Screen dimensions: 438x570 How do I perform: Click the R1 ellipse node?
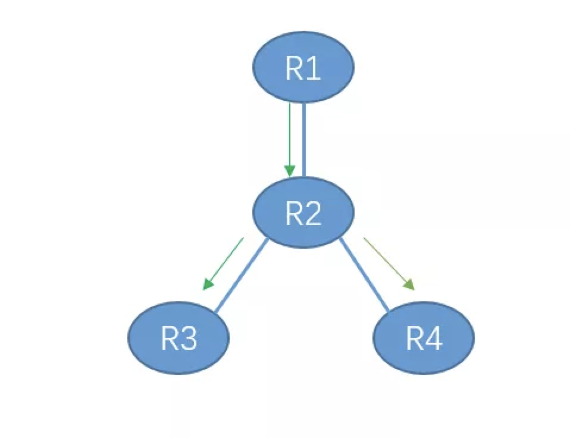[303, 67]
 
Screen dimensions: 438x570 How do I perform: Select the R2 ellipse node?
[303, 212]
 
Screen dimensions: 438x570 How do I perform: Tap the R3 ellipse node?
[178, 337]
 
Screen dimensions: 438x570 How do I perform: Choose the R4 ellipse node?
[424, 337]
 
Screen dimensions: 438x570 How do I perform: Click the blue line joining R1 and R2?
[304, 140]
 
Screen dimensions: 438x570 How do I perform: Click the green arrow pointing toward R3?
[224, 264]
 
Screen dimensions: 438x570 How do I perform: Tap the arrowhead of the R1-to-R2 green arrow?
[290, 171]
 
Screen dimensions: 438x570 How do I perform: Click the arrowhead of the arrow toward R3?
[207, 285]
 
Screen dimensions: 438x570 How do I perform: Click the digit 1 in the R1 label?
[314, 69]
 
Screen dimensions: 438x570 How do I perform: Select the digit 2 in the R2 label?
[314, 214]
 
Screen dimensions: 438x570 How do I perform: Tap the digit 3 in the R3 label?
[189, 339]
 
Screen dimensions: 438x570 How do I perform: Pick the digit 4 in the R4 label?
[434, 339]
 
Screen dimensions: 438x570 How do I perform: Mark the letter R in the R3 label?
[169, 339]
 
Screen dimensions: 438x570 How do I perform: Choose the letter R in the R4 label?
[414, 339]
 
